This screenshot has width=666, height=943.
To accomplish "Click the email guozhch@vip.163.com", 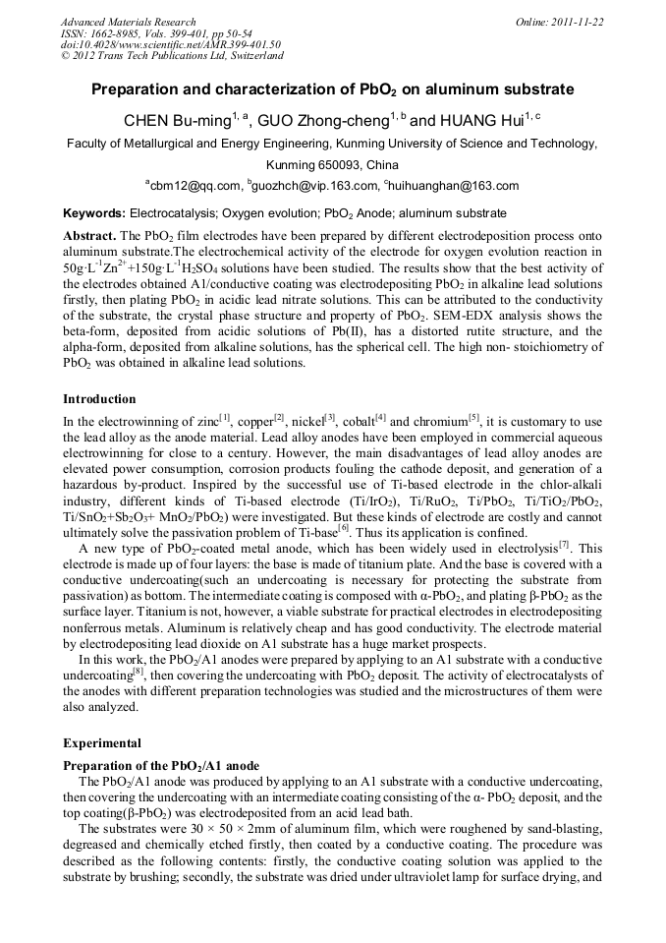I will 314,185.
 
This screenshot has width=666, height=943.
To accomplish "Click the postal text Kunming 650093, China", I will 332,164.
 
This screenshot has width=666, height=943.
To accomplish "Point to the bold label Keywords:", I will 94,212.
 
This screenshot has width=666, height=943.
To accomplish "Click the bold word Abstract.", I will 89,237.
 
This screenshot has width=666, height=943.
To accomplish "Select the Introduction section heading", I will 99,399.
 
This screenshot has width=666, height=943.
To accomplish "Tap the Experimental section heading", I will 102,743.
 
